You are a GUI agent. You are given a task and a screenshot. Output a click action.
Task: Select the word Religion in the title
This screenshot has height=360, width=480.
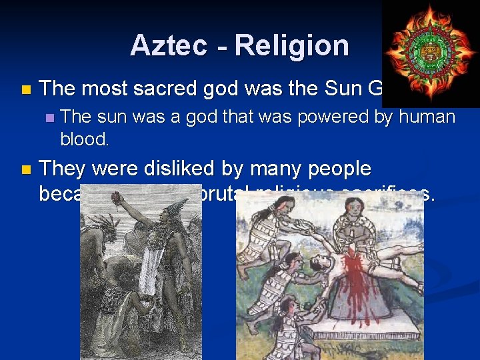tap(291, 45)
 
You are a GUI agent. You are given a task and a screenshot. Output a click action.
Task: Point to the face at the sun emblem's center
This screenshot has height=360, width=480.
tap(430, 51)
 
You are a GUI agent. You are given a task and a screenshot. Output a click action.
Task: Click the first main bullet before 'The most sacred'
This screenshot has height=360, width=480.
tap(25, 89)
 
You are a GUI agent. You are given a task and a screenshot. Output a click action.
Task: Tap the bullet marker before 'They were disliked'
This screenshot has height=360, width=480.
tap(25, 170)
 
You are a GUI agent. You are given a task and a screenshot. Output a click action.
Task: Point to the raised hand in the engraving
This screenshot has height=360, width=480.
tap(117, 197)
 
